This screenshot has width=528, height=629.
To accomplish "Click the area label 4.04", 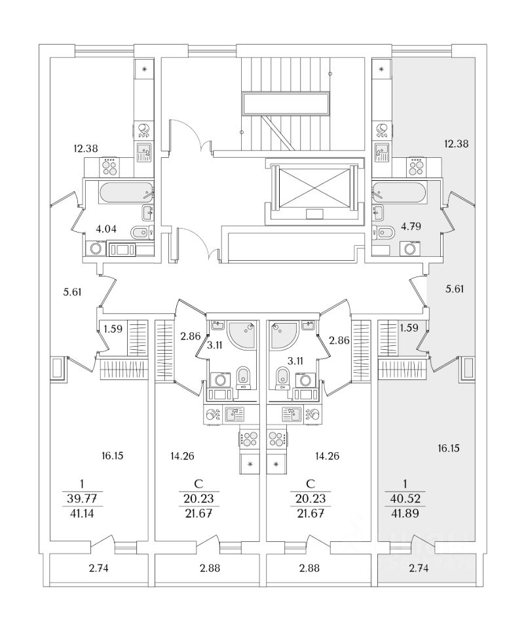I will click(105, 229).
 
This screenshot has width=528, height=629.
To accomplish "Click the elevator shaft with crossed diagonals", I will click(316, 184).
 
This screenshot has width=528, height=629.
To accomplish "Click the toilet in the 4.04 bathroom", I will click(140, 233).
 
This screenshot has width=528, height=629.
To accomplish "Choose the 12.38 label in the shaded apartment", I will click(457, 143).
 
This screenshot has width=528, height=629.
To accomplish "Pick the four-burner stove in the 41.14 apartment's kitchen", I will click(109, 168).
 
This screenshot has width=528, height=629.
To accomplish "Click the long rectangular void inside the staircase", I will click(286, 104).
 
